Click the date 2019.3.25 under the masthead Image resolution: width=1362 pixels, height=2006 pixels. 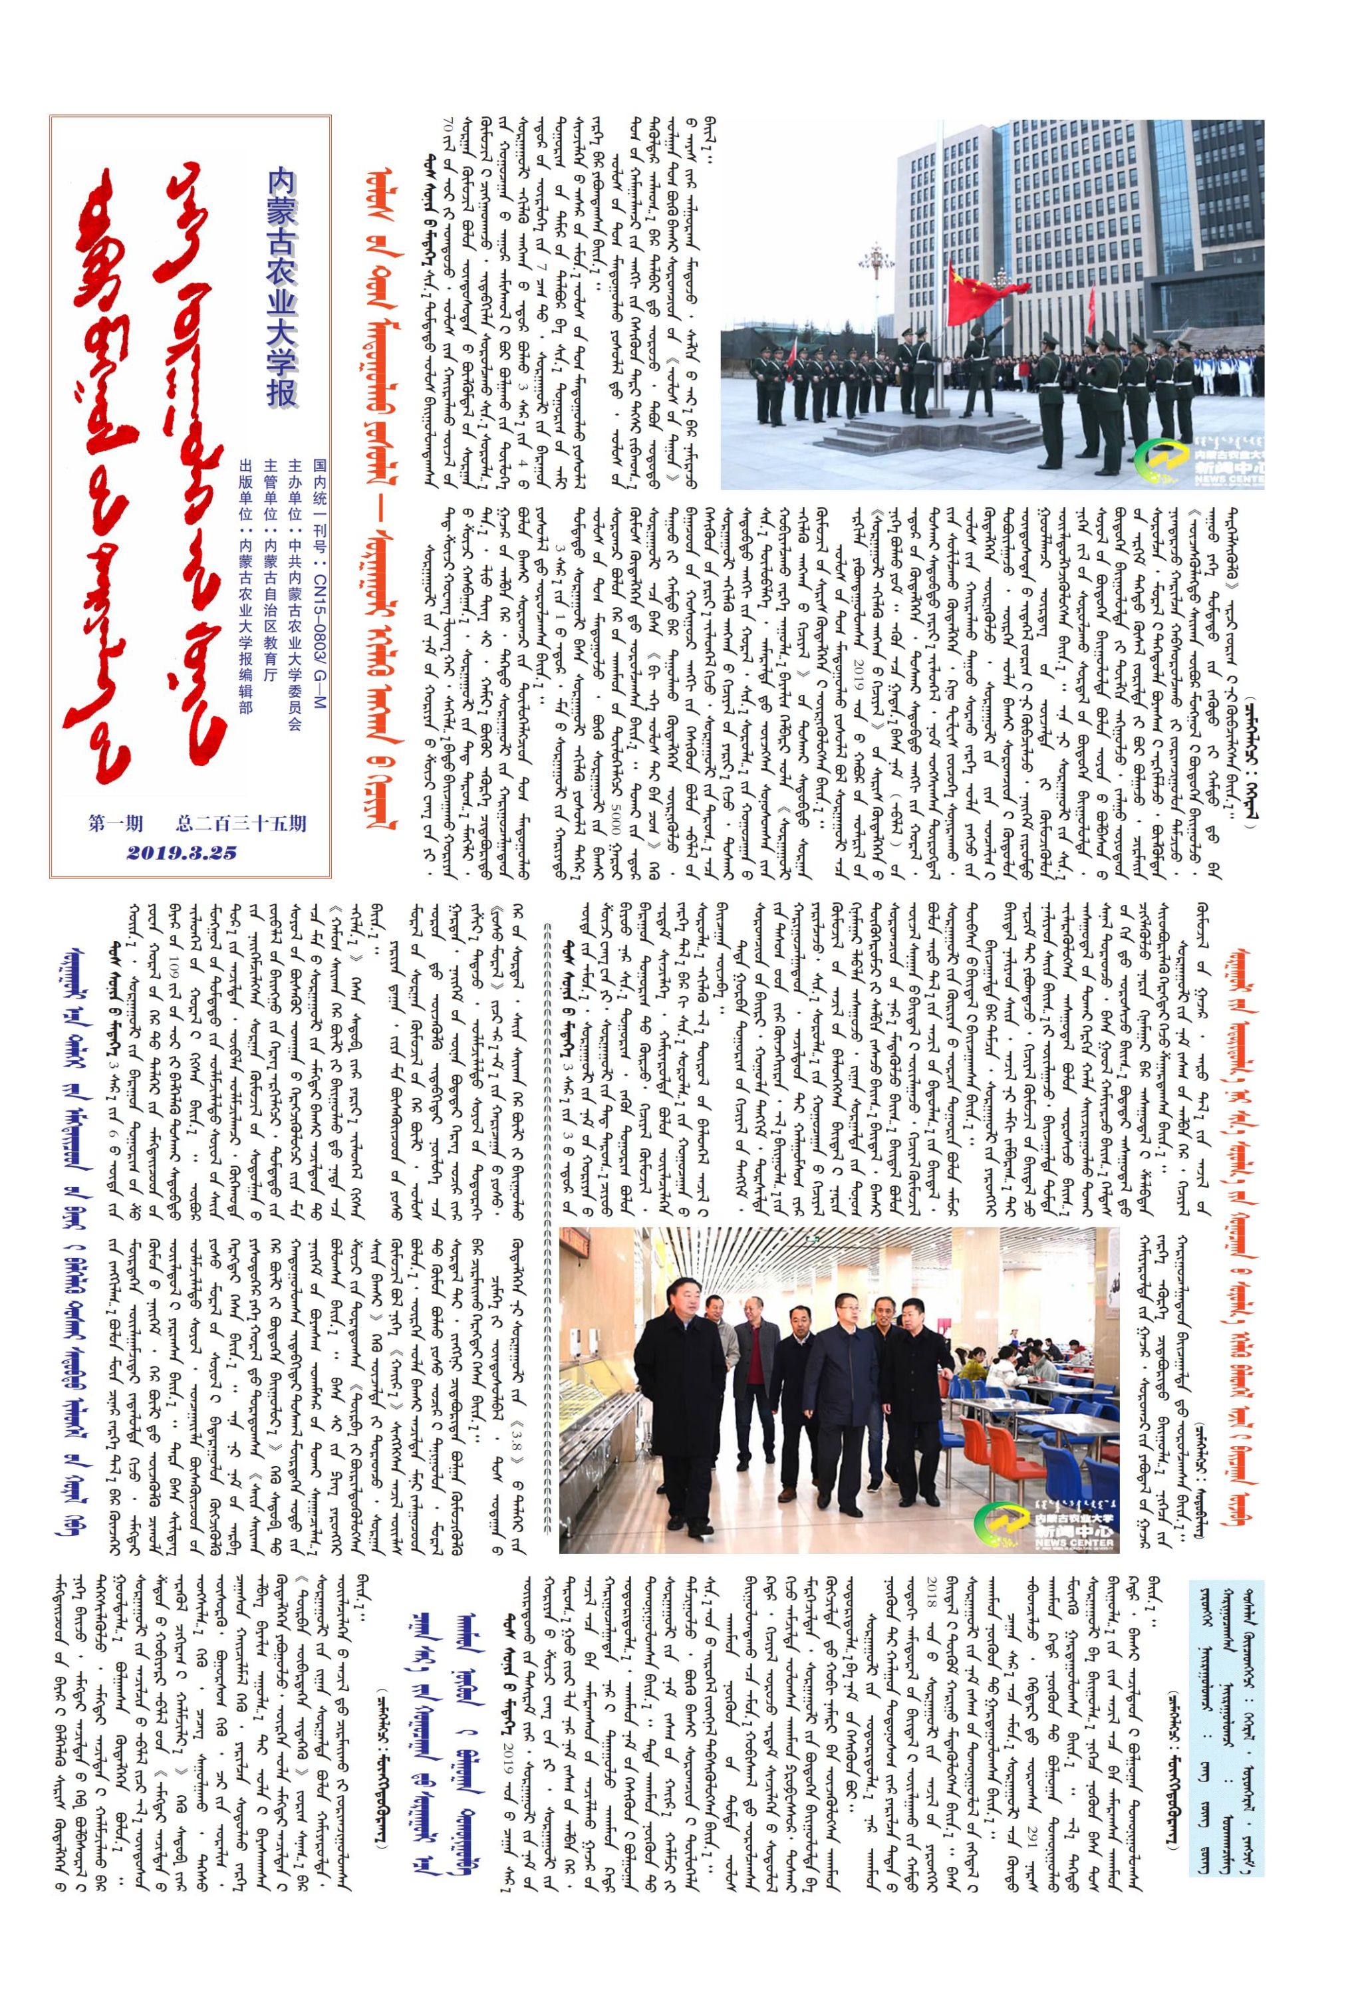coord(182,853)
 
